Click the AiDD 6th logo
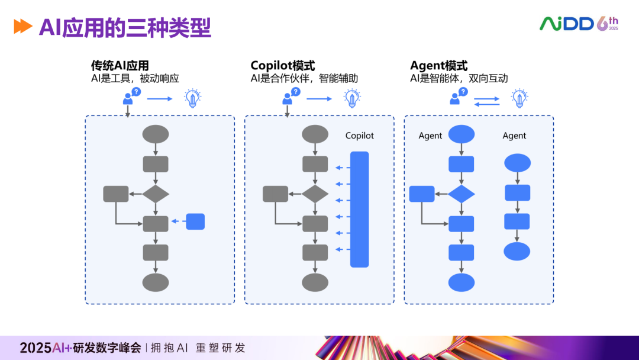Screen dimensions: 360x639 tap(578, 24)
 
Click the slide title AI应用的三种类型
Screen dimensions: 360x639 tap(125, 27)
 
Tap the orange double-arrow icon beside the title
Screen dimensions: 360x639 tap(23, 27)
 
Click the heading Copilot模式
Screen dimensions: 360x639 tap(283, 65)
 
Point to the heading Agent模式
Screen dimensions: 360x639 tap(438, 65)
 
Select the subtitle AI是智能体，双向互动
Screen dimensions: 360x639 tap(459, 78)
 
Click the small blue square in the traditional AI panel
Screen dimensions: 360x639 tap(195, 221)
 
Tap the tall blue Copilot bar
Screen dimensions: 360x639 tap(359, 209)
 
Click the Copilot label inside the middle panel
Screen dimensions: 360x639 tap(360, 136)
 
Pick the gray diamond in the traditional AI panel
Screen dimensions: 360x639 tap(156, 194)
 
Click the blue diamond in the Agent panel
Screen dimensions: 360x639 tap(461, 194)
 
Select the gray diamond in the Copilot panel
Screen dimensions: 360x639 tap(315, 194)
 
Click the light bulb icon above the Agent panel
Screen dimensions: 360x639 tap(519, 98)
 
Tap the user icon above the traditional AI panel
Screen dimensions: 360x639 tap(129, 97)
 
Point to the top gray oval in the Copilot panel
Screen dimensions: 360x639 tap(315, 134)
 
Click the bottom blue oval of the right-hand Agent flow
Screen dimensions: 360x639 tap(517, 251)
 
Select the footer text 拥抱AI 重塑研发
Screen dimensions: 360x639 tap(198, 348)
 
